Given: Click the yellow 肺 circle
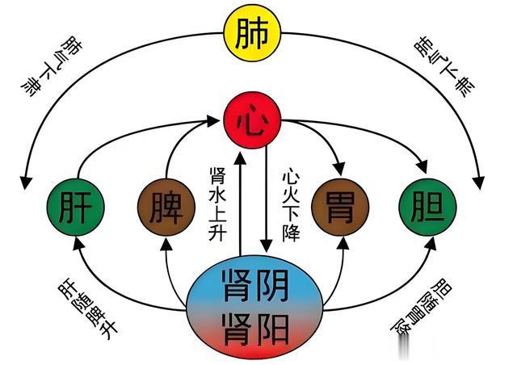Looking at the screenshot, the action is (x=252, y=33).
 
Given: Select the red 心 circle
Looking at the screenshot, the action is (x=252, y=120).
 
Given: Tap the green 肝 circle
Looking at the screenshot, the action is (x=75, y=207).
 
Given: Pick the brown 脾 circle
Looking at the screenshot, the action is (x=166, y=207).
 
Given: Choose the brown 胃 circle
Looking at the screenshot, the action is (x=340, y=207).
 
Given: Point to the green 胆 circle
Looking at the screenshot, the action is (x=427, y=207).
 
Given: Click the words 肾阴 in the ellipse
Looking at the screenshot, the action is (x=256, y=286).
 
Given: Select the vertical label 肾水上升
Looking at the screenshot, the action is (x=217, y=204).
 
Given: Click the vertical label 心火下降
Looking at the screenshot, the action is (x=291, y=204).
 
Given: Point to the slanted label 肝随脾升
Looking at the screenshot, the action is (x=88, y=308).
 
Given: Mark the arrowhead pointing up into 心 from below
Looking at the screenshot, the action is (x=240, y=157).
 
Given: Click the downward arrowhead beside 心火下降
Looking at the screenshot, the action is (x=266, y=246).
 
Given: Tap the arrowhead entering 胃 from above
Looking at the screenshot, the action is (x=339, y=169).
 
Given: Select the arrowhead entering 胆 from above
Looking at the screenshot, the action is (x=422, y=166).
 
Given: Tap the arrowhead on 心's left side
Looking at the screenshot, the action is (x=212, y=120).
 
